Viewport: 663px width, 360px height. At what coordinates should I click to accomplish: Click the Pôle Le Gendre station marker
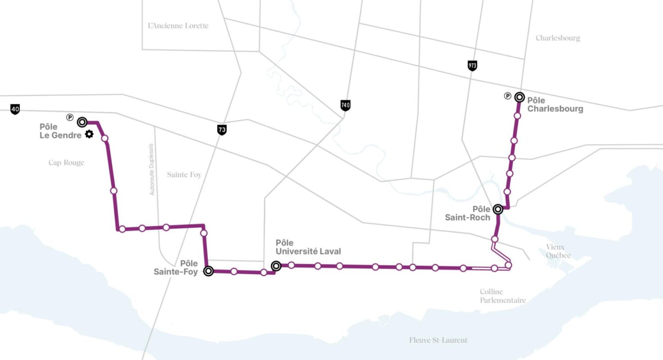pos(82,122)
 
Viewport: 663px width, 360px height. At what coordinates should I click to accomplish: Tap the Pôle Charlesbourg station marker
pos(520,97)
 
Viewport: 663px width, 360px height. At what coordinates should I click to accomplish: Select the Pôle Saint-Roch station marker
pos(498,209)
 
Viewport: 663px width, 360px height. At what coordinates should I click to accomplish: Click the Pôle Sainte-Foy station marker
pos(208,271)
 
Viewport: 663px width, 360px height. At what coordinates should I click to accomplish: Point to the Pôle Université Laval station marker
pos(276,266)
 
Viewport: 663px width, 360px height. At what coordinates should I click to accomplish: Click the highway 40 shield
pos(15,109)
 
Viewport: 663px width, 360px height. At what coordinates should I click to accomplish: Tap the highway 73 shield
pos(221,129)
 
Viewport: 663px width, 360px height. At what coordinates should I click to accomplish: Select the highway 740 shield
pos(345,105)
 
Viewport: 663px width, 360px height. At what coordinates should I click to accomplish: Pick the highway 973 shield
pos(472,66)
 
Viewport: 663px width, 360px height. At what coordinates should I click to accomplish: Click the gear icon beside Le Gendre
pos(89,134)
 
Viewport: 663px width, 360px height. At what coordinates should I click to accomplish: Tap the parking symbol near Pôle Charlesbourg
pos(508,96)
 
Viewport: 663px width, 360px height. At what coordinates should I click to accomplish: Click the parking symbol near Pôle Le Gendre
pos(70,117)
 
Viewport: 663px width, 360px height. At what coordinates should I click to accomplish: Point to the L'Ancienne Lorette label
pos(178,26)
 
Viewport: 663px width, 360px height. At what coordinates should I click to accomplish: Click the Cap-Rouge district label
pos(66,162)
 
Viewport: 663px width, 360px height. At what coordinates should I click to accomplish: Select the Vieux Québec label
pos(558,251)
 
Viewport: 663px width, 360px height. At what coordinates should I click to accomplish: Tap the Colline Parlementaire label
pos(502,296)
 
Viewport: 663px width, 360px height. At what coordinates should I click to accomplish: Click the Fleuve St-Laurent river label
pos(438,340)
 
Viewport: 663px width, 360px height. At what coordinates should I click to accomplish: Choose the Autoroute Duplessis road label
pos(151,169)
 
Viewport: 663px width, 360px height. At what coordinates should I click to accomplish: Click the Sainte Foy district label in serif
pos(184,174)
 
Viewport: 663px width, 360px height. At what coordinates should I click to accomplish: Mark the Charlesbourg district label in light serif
pos(558,38)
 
